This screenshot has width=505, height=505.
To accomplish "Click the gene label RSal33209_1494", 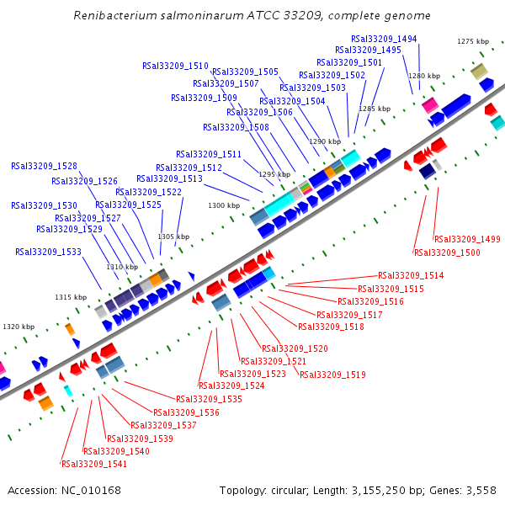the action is [384, 39].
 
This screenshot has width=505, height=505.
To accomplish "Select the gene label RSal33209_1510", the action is [175, 66].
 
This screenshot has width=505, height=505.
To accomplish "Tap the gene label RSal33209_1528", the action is [44, 166].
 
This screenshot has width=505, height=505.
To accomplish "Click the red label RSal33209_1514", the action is [411, 275].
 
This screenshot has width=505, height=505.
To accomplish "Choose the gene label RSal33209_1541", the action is [94, 464].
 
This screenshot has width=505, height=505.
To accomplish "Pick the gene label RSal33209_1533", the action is [48, 252].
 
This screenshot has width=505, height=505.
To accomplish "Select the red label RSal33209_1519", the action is [332, 375].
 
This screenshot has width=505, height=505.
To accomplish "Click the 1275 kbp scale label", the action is [472, 41].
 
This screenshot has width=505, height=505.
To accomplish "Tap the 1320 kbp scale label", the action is [19, 327].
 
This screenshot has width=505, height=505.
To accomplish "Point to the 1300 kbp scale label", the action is [224, 205].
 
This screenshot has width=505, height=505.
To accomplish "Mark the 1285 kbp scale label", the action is [375, 109].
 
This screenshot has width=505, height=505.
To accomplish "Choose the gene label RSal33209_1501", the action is [349, 62].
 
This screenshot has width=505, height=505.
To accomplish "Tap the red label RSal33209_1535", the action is [209, 399].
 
